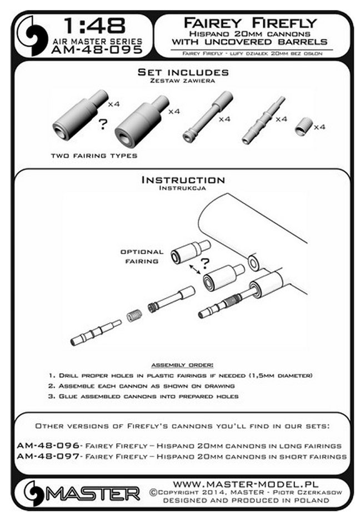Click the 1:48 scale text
94,25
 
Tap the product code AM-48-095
94,51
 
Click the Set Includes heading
183,72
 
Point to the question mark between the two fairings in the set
102,123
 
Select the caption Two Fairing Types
93,156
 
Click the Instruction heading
183,180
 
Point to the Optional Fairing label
142,256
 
